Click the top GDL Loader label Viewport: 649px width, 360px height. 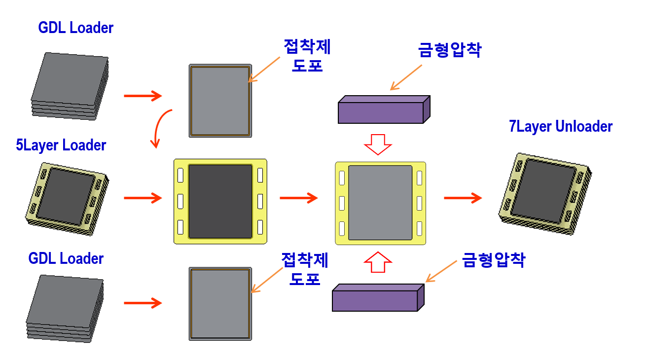[75, 28]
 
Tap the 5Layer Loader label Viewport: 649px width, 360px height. [61, 145]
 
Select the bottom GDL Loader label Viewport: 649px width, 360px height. [66, 258]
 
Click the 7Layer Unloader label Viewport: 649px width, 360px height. [561, 126]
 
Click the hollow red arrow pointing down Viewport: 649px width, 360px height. [377, 144]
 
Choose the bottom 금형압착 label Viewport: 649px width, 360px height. [493, 260]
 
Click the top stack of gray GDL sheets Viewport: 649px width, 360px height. [70, 86]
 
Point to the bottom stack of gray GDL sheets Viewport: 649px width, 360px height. [65, 308]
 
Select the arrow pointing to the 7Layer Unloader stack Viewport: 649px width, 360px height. [462, 198]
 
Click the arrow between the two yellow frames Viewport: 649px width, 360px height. [298, 198]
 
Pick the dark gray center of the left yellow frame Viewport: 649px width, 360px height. [220, 201]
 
